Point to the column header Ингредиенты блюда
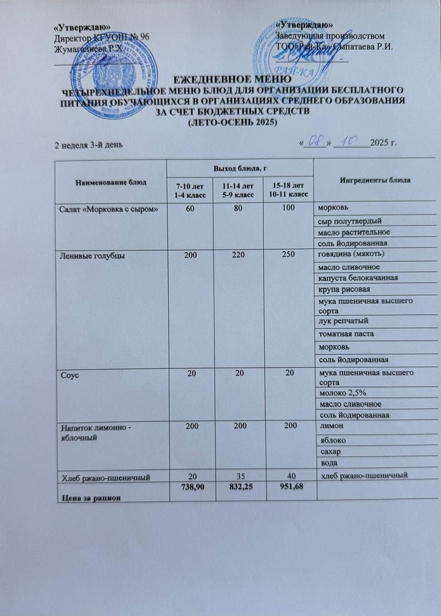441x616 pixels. click(x=375, y=180)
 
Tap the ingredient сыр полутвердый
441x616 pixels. click(x=348, y=221)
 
